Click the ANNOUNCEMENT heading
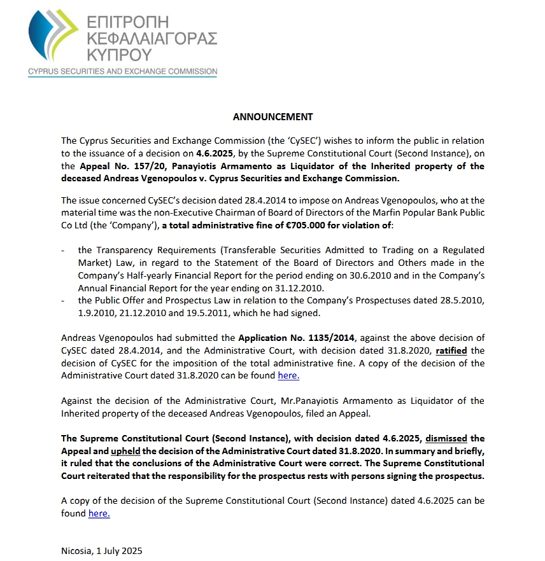pyautogui.click(x=272, y=117)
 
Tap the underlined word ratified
pyautogui.click(x=453, y=350)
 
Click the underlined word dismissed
pyautogui.click(x=446, y=438)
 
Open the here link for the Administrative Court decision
pyautogui.click(x=288, y=376)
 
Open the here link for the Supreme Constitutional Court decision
pyautogui.click(x=99, y=513)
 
